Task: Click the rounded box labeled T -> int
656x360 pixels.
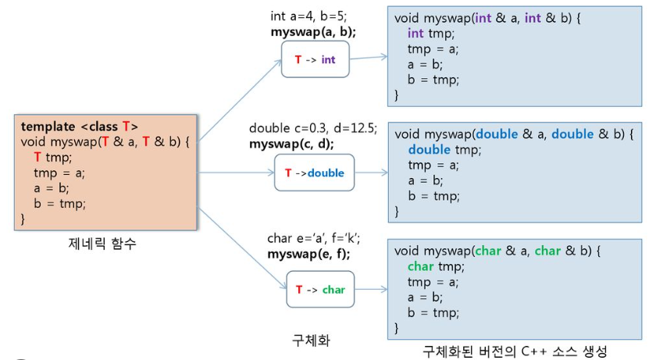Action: [x=315, y=59]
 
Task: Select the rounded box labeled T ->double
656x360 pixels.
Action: [x=314, y=173]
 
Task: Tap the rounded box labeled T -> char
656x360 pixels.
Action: [x=319, y=290]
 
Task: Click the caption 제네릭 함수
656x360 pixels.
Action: [x=102, y=244]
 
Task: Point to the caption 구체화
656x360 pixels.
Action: [x=312, y=340]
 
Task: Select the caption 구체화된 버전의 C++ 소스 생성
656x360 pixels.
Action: [x=515, y=351]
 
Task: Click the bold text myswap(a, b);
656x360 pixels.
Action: [x=313, y=32]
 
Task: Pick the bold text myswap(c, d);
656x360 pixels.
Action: [x=291, y=144]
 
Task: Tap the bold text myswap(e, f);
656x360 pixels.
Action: [x=308, y=254]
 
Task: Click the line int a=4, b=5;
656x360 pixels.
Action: [x=308, y=16]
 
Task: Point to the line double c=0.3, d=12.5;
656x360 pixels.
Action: [x=313, y=128]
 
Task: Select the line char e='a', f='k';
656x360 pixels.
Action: [x=313, y=238]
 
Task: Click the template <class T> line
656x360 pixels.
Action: [x=80, y=127]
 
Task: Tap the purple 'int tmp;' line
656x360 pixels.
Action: [x=431, y=34]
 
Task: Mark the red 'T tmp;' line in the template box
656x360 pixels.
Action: [x=52, y=157]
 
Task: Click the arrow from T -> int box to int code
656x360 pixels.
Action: [x=369, y=58]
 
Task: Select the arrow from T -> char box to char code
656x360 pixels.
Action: [x=371, y=290]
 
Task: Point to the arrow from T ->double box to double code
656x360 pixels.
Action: [x=371, y=173]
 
